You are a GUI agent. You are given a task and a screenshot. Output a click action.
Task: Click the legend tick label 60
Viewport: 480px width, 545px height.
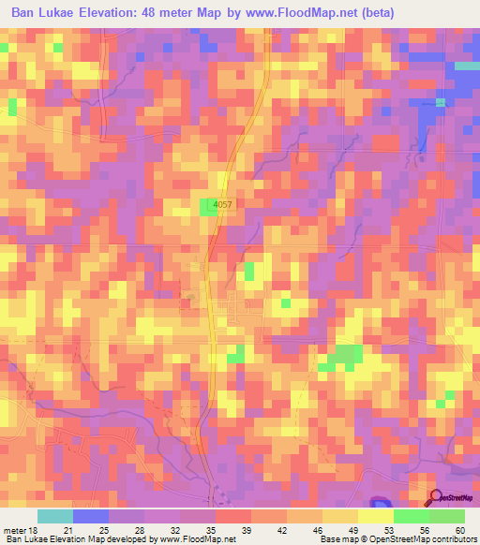(457, 530)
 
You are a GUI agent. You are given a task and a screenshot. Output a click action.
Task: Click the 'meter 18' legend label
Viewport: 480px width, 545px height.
(21, 530)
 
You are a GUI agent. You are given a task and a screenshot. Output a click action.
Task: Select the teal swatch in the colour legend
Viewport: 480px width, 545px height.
(55, 516)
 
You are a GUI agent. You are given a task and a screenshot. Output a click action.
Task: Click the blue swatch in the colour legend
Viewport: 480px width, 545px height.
(91, 516)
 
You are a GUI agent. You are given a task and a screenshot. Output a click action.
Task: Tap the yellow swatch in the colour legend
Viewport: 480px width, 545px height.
(375, 516)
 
